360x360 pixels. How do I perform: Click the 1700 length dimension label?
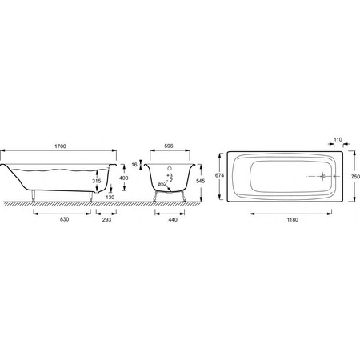click(x=60, y=146)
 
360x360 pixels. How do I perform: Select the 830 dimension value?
click(x=65, y=219)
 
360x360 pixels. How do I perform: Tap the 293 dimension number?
click(x=106, y=220)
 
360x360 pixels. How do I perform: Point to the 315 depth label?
click(x=97, y=181)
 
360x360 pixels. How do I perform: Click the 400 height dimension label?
click(x=124, y=178)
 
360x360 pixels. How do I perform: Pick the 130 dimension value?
click(x=110, y=198)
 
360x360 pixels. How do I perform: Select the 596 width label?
click(x=169, y=146)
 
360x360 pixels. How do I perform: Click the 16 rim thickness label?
click(x=134, y=165)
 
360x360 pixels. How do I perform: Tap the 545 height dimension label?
click(x=200, y=181)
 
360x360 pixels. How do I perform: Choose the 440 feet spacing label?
click(x=173, y=220)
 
